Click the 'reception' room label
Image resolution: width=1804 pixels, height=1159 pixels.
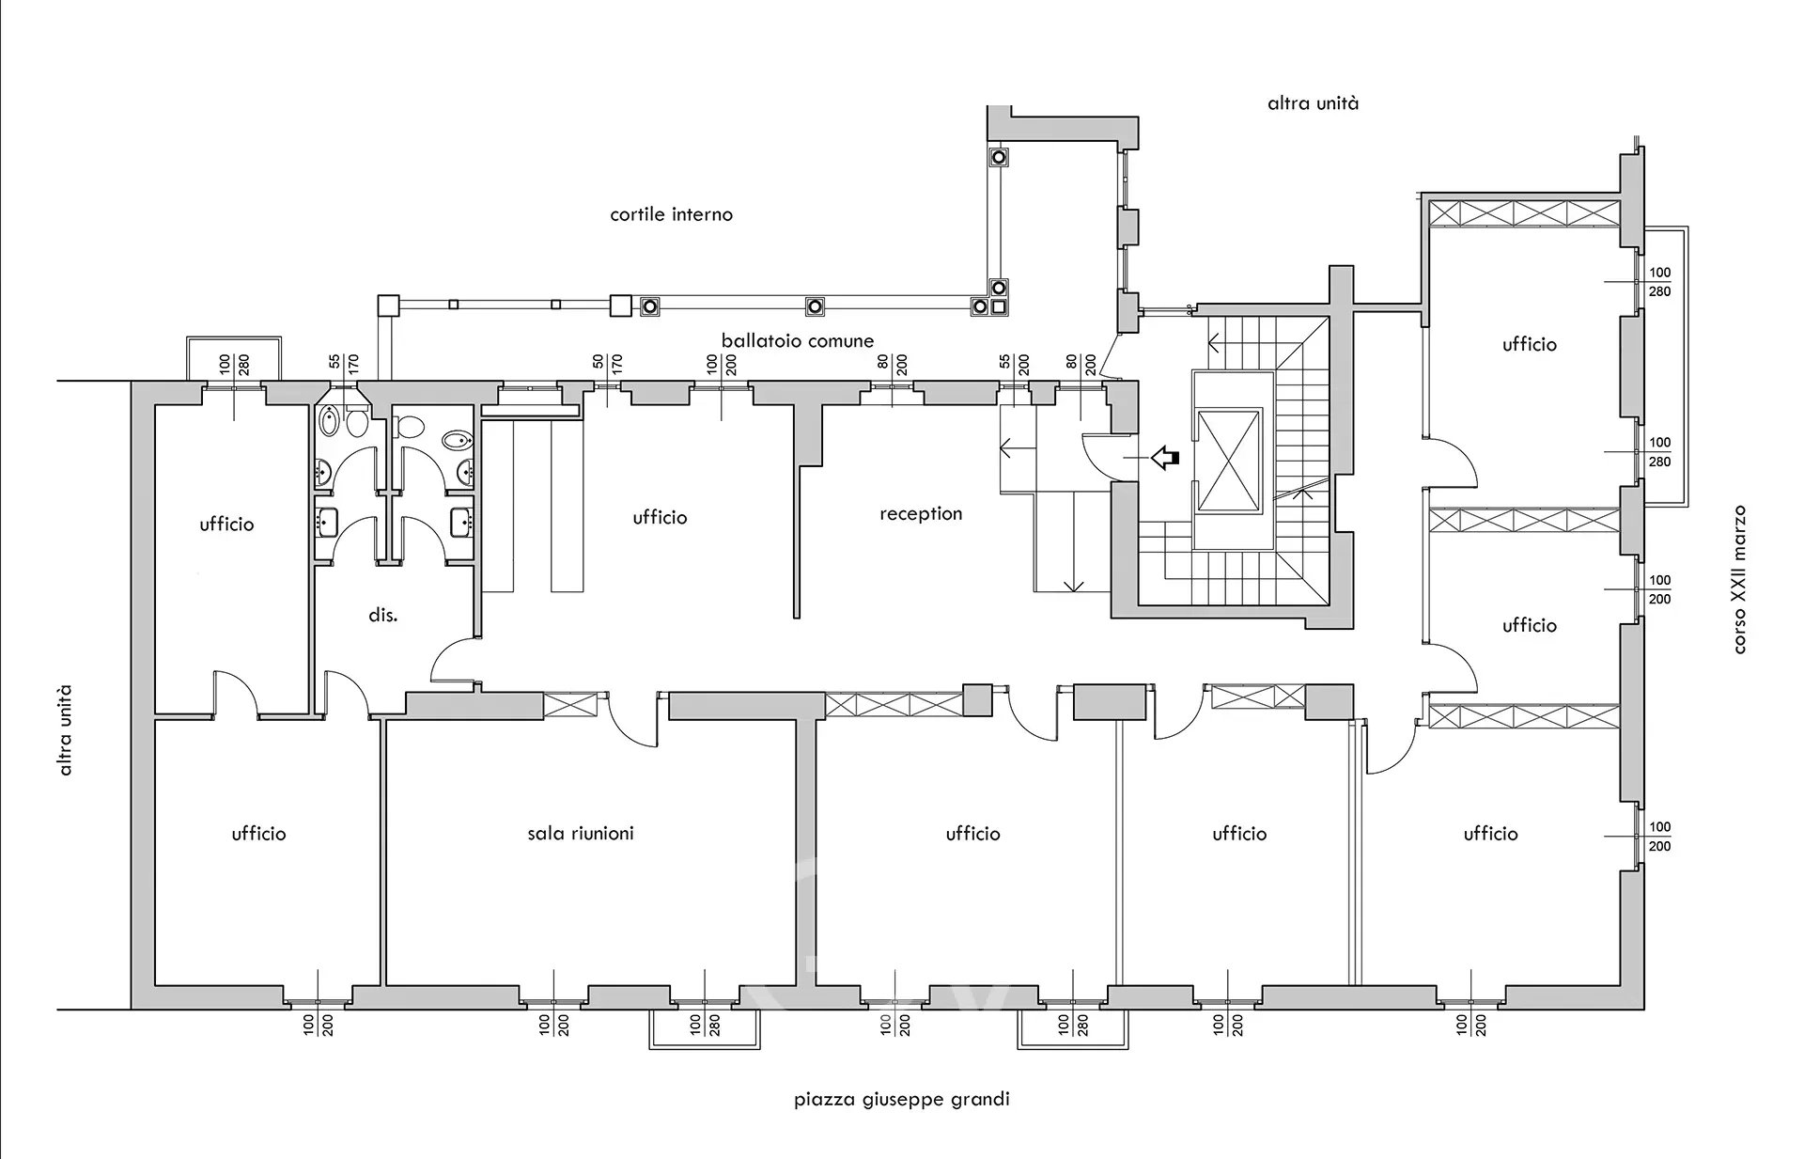(x=921, y=513)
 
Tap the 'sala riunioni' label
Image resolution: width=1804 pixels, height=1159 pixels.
(x=580, y=833)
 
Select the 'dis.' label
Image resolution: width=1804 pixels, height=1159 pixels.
(x=382, y=615)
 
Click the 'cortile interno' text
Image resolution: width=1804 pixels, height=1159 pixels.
(x=671, y=214)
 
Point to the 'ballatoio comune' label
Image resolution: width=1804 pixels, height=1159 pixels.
(x=797, y=340)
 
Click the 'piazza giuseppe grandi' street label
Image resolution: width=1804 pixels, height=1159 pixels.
(x=901, y=1098)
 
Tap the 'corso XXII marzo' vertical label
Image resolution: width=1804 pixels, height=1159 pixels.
(x=1739, y=579)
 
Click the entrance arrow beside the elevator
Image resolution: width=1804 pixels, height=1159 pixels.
(x=1165, y=458)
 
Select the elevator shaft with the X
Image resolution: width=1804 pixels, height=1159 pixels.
(x=1229, y=461)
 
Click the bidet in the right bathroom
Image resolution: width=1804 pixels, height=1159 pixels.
(x=456, y=441)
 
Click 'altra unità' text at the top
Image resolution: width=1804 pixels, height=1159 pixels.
(x=1313, y=103)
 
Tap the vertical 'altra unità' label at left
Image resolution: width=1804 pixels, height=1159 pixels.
(x=65, y=730)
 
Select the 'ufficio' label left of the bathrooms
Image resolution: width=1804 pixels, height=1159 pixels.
(x=226, y=524)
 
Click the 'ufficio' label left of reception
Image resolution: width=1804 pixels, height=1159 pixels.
(x=660, y=517)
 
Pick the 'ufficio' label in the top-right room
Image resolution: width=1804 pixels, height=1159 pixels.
(x=1529, y=344)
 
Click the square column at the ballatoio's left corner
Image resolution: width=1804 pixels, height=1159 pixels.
(x=388, y=305)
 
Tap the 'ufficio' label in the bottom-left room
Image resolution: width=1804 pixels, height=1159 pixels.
(x=258, y=833)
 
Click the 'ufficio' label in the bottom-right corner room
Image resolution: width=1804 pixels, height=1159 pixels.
(x=1490, y=833)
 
